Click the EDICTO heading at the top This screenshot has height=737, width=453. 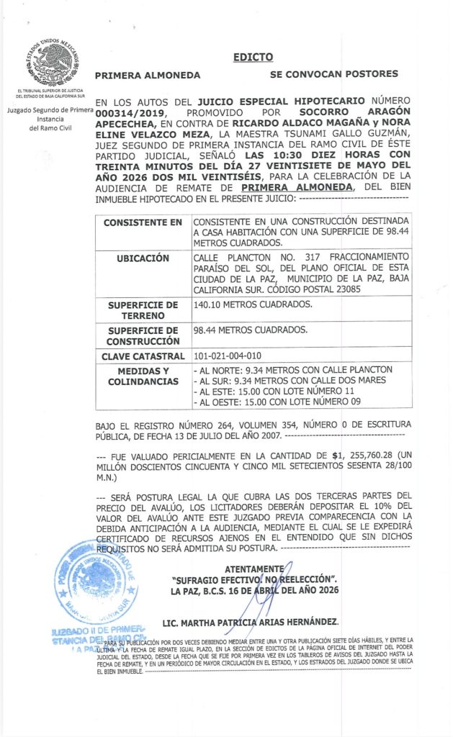coord(253,58)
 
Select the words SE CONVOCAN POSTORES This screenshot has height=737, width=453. coord(333,74)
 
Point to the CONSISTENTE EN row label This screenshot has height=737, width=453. coord(143,222)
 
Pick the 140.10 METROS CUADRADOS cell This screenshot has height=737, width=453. coord(253,304)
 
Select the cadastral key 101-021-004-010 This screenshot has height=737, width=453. coord(228,356)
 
